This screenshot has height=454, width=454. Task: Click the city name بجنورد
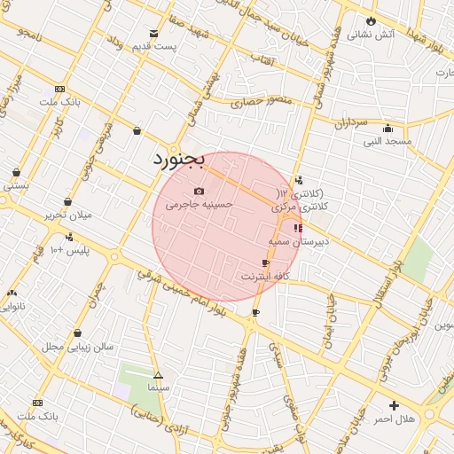point(178,160)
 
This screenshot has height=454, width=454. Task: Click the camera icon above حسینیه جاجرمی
point(199,191)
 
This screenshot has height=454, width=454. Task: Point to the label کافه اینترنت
point(267,277)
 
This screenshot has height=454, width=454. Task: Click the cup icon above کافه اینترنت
point(265,263)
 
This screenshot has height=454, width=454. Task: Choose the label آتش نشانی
point(371,35)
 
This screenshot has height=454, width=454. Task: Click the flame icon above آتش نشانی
point(371,21)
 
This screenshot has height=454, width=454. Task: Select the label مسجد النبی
point(387,141)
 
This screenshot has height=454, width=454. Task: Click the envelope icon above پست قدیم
point(154,33)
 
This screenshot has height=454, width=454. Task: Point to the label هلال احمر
point(394,418)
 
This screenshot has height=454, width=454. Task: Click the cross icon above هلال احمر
point(394,405)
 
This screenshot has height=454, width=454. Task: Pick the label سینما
point(159,388)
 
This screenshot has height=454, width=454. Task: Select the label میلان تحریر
point(68,215)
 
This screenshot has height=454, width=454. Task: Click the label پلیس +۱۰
point(68,250)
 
